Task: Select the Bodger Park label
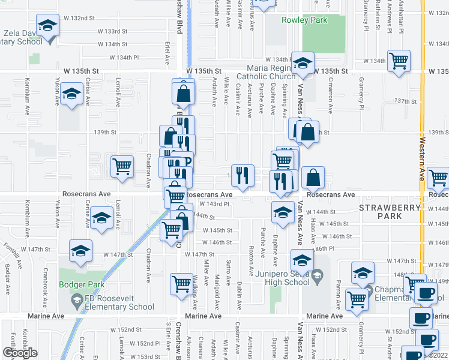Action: (82, 285)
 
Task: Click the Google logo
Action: (20, 353)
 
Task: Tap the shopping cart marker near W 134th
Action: (399, 61)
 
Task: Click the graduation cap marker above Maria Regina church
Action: (303, 63)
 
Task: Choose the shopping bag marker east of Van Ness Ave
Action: (313, 177)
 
